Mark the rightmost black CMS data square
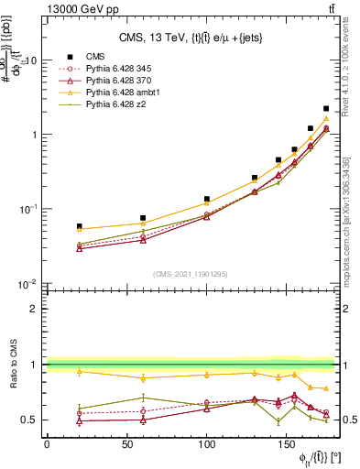pos(326,108)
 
